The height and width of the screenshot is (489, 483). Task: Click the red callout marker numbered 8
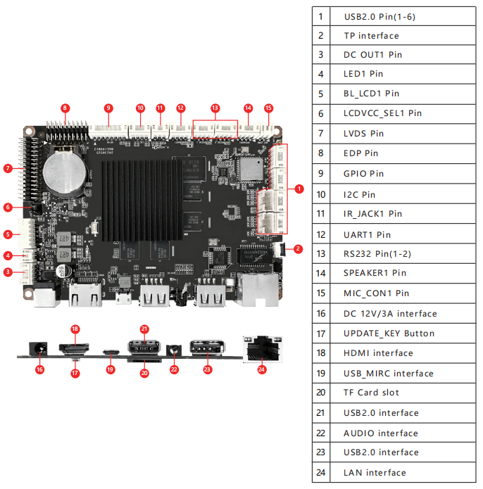coord(65,108)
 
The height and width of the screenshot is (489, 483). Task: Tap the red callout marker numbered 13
coord(215,108)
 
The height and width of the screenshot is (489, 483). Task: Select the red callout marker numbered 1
coord(299,189)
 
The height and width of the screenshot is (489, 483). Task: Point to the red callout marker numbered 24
coord(263,368)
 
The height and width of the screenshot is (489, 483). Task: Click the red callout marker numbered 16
coord(39,369)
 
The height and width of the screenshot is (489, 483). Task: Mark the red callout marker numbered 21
coord(144,329)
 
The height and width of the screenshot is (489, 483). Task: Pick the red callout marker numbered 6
coord(7,207)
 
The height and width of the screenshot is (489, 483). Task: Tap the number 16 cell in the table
coord(321,314)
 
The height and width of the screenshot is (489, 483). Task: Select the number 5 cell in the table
coord(321,93)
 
